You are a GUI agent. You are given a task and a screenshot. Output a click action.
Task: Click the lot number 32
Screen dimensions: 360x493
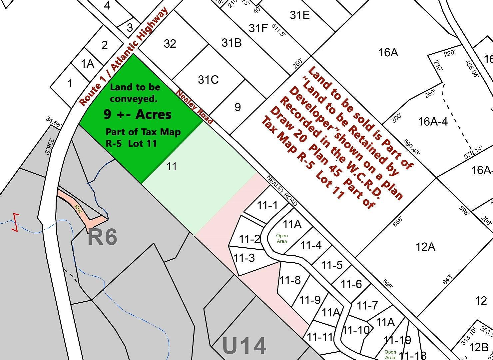[x=170, y=44]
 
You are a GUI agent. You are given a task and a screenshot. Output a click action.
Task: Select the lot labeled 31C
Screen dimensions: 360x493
[x=208, y=80]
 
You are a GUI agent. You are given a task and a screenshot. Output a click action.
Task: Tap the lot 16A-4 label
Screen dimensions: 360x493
[x=433, y=122]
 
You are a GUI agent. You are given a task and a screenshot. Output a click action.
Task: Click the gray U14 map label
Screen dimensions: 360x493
[x=244, y=346]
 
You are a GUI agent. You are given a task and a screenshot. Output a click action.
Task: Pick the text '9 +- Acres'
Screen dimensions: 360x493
[x=138, y=114]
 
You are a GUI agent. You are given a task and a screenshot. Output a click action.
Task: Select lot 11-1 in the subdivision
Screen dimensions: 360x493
[x=267, y=205]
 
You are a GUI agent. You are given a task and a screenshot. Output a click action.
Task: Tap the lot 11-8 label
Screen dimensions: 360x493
[x=290, y=280]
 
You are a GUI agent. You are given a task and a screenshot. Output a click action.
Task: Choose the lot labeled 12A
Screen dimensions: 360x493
[x=425, y=247]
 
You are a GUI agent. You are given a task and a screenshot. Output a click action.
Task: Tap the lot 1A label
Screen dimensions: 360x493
[x=88, y=63]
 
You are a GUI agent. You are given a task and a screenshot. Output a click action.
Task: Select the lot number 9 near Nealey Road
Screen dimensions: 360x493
[x=238, y=107]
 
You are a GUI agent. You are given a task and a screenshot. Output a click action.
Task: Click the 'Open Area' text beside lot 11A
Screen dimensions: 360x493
[x=282, y=238]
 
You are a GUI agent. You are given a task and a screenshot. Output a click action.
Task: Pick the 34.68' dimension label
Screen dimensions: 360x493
[x=54, y=122]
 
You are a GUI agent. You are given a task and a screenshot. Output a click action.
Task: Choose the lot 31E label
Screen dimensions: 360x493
[x=299, y=15]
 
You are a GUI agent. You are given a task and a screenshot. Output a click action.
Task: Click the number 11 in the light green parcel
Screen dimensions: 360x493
[x=172, y=166]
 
